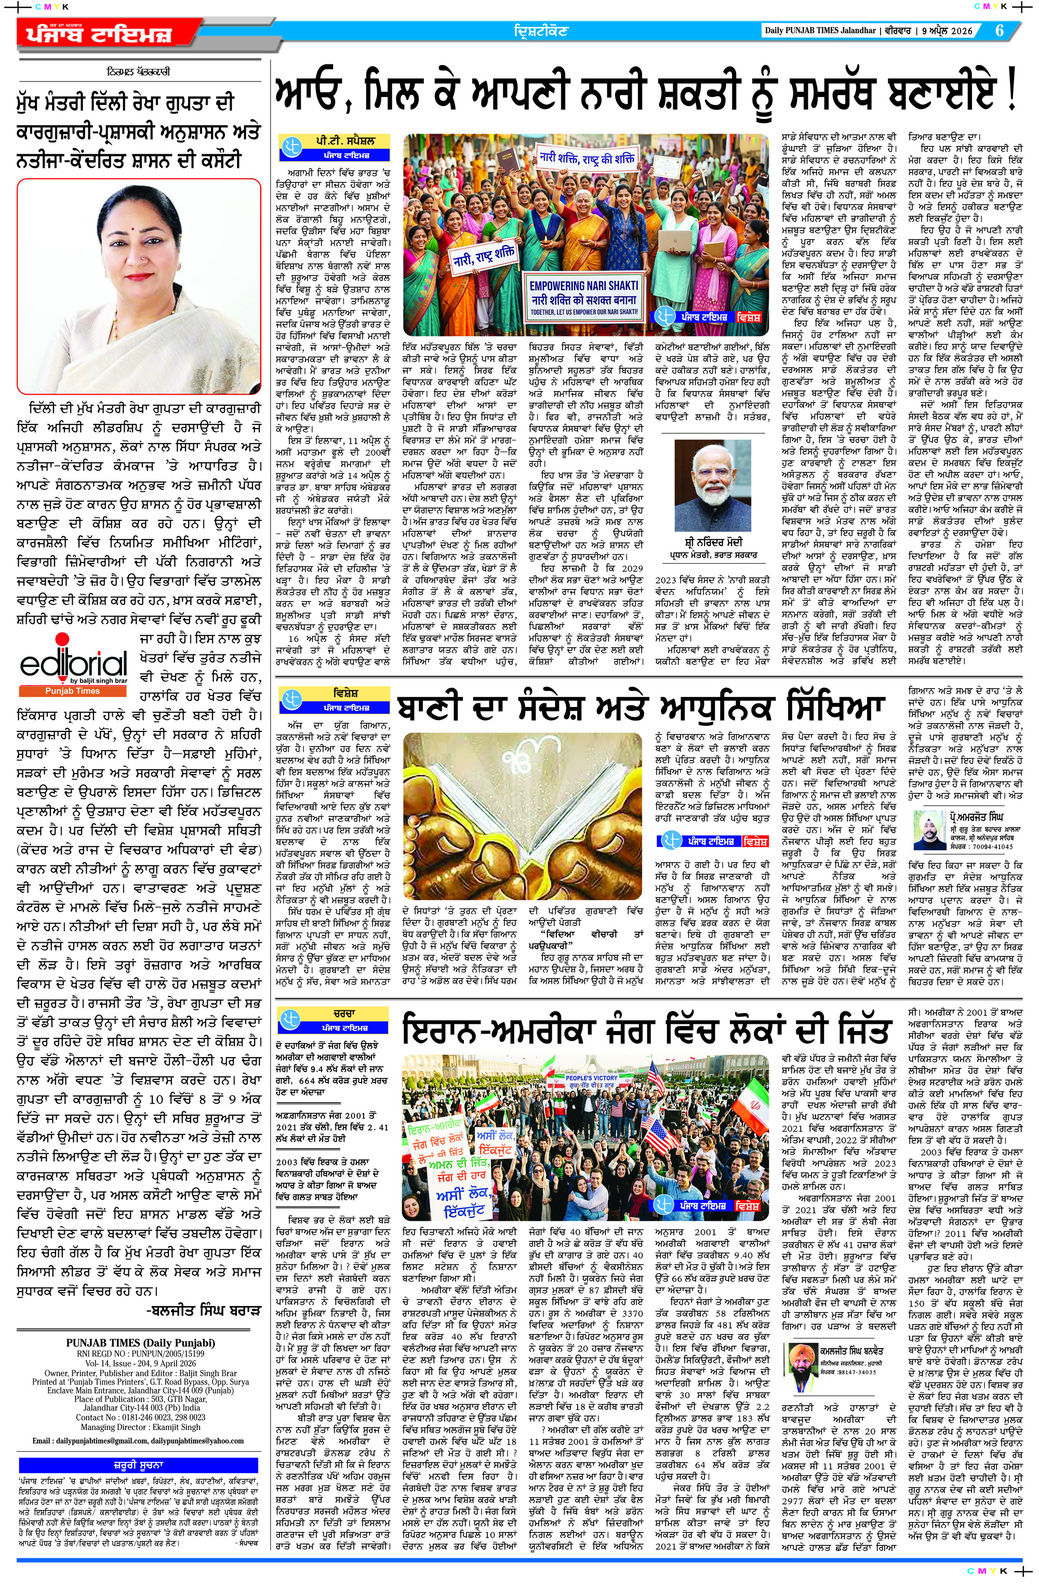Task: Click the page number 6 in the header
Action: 999,31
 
